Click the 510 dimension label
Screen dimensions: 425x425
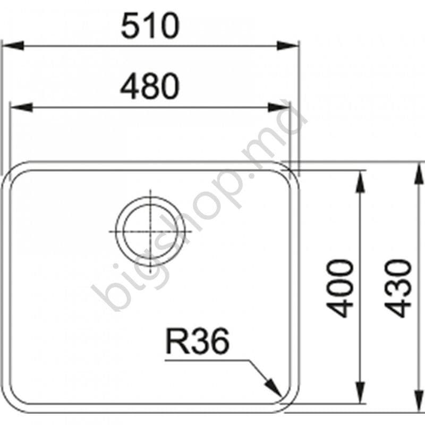[149, 27]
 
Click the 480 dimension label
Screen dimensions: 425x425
[149, 87]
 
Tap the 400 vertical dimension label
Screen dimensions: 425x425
[341, 288]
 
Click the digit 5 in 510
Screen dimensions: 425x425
[131, 27]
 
